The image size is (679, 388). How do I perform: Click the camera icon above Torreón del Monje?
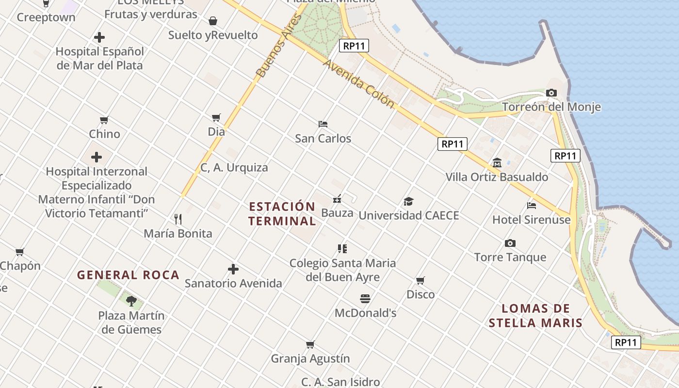(x=551, y=93)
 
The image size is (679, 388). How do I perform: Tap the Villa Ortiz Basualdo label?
(x=497, y=177)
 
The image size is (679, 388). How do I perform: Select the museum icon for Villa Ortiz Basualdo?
(x=497, y=163)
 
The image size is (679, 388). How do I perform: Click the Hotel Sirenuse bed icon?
(x=532, y=206)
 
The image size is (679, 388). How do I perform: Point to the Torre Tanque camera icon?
(x=510, y=243)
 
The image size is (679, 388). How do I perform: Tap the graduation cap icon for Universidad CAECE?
(x=409, y=201)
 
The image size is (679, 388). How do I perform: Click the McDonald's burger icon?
(x=365, y=299)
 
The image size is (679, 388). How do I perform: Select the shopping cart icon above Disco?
(x=420, y=280)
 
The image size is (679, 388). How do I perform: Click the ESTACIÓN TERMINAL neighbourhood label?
(x=282, y=214)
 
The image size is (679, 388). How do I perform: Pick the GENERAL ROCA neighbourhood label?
(x=129, y=275)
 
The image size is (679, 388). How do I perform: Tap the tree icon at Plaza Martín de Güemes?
(x=131, y=301)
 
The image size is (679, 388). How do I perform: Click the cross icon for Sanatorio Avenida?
(x=233, y=269)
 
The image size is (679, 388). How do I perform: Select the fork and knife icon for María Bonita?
(x=178, y=219)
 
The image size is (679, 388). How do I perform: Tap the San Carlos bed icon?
(x=323, y=124)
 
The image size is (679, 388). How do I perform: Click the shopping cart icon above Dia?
(x=216, y=117)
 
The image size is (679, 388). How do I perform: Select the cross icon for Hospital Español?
(x=99, y=37)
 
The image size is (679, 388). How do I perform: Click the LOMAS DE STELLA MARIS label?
(x=535, y=316)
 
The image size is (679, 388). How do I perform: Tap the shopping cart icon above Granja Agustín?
(x=310, y=344)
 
